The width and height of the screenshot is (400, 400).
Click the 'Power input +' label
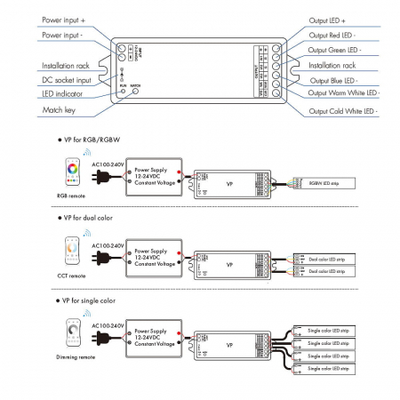pos(65,18)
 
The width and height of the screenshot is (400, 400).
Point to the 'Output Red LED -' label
pos(337,35)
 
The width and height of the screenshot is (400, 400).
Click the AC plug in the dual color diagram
pos(108,260)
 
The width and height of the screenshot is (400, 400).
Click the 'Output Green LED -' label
pos(340,50)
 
